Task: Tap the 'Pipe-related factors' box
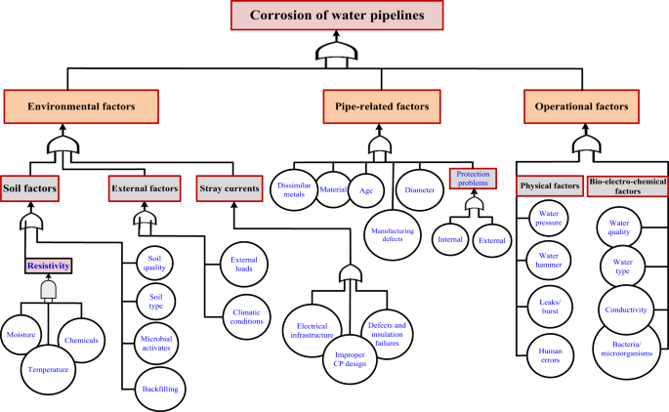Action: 376,104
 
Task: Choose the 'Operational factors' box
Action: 582,104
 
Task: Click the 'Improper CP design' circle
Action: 350,358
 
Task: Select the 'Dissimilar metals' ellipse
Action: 293,185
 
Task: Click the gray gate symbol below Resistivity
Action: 48,291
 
